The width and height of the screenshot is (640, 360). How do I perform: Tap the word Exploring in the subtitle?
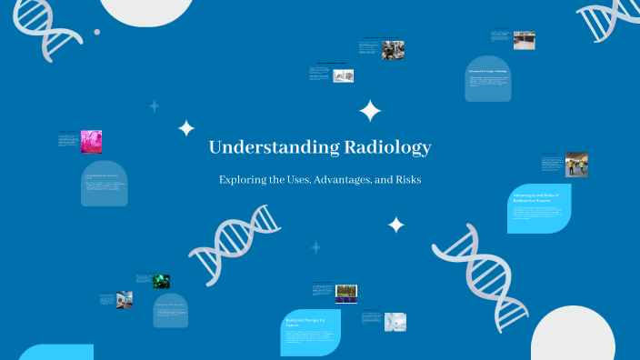tap(243, 180)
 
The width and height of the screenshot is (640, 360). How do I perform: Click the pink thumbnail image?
tap(91, 141)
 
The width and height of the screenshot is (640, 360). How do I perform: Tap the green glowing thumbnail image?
tap(161, 282)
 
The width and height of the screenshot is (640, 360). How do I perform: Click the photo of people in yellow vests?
tap(576, 165)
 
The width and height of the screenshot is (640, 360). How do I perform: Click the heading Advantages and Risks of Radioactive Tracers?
tap(537, 198)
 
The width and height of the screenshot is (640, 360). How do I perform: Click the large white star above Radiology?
tap(370, 112)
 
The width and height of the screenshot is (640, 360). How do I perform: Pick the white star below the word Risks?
tap(395, 224)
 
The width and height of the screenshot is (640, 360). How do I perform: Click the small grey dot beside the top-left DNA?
tap(97, 32)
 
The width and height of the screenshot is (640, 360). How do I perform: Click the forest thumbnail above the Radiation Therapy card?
tap(346, 293)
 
